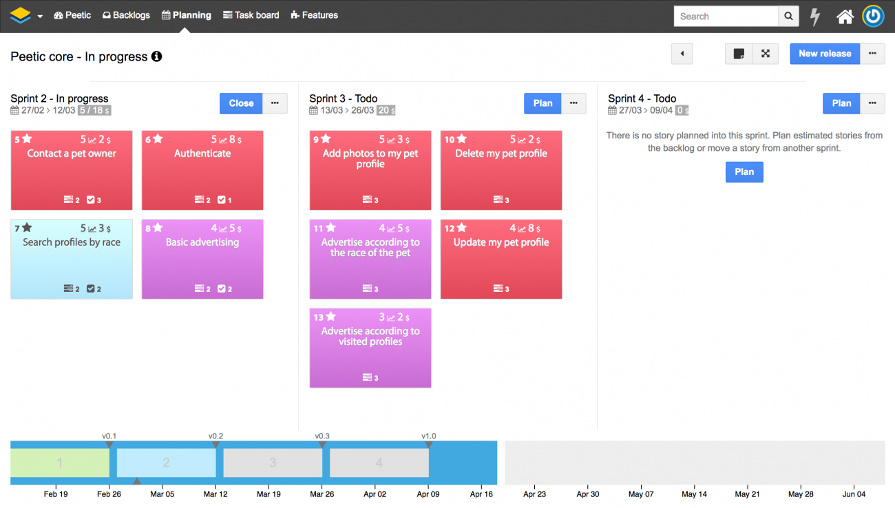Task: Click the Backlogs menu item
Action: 126,15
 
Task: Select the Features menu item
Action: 315,15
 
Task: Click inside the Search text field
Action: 726,17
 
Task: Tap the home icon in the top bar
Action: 845,17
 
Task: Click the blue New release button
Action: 824,54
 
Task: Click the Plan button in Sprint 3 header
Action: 543,103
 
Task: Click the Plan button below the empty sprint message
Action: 744,172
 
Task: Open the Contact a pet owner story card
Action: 72,171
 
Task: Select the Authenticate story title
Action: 202,154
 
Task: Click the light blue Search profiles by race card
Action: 72,260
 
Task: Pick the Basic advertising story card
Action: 202,260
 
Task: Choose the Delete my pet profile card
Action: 501,171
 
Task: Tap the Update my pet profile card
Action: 501,260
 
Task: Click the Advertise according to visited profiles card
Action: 370,348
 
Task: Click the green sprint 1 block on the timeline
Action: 60,463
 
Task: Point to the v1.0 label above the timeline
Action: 428,436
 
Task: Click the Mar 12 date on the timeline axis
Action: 215,494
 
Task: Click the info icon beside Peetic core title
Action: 157,56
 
